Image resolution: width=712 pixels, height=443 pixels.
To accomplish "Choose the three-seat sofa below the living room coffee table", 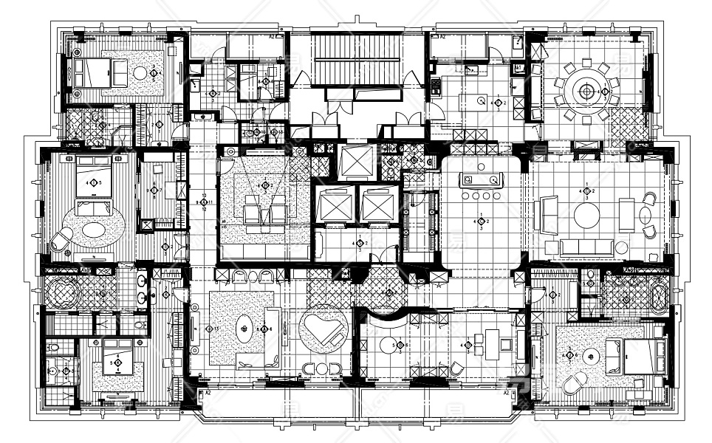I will coord(586,247).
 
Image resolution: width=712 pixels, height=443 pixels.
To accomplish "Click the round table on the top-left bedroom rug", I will coord(140,73).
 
